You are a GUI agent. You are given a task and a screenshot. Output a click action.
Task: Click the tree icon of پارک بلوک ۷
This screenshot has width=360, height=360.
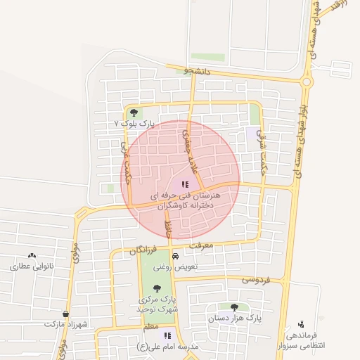coord(134,112)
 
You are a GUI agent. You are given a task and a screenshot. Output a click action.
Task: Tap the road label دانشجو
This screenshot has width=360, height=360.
coord(197,71)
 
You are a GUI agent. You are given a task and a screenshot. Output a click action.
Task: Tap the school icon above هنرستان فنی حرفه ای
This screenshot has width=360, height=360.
coord(185,184)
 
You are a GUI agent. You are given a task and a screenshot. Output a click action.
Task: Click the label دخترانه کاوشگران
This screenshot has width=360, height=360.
coord(184,206)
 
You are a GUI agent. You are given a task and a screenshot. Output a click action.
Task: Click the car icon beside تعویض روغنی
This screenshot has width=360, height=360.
coord(165,257)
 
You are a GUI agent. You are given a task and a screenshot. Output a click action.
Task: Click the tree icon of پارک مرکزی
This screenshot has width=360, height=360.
coord(157,288)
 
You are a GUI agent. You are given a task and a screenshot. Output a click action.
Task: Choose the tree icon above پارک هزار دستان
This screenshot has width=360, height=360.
coord(234,307)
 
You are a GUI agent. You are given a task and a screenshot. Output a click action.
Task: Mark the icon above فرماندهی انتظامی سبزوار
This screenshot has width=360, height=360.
coord(301,324)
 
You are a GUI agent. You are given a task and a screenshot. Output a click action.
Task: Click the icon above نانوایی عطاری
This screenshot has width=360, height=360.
coord(32,256)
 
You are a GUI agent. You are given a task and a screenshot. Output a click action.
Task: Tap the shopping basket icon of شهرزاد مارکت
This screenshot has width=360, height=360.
coord(66,314)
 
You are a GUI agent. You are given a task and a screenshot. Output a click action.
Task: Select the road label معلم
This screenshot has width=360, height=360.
coord(150,328)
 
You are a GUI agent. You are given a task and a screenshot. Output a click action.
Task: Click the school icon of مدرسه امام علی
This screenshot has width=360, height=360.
coord(167,336)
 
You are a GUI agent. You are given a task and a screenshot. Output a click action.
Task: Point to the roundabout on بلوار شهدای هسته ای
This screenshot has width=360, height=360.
coord(307,82)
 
